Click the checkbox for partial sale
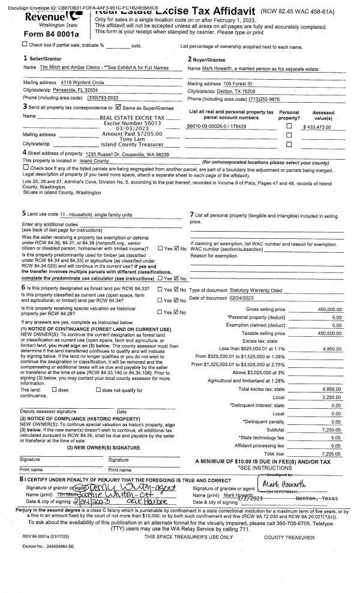24,44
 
